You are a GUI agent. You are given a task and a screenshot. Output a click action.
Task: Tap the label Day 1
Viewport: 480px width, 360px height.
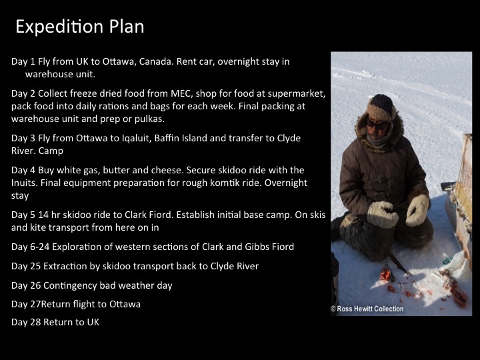pyautogui.click(x=23, y=61)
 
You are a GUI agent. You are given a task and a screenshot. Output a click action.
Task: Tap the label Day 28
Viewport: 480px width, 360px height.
pyautogui.click(x=25, y=322)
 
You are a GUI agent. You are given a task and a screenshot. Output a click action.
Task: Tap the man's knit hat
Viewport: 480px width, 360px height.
pyautogui.click(x=381, y=105)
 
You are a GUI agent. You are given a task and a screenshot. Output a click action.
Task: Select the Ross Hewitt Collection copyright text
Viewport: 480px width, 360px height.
pyautogui.click(x=367, y=309)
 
